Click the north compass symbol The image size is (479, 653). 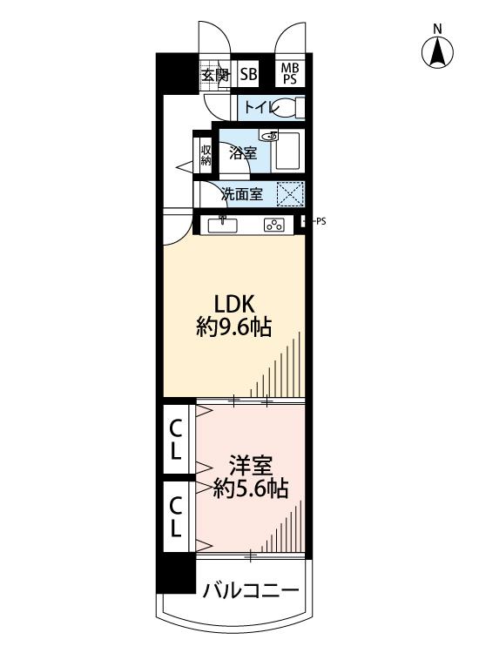click(437, 52)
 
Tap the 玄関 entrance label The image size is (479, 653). click(215, 76)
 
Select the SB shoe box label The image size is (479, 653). click(249, 75)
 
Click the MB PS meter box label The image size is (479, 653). click(290, 73)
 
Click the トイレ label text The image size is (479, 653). click(260, 108)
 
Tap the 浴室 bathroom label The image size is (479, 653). click(243, 153)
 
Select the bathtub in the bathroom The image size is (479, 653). click(287, 151)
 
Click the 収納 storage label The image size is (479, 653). click(206, 155)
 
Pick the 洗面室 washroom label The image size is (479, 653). click(242, 194)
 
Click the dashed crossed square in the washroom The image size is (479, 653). click(290, 194)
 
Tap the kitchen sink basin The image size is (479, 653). click(223, 226)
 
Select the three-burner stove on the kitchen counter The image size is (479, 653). click(275, 226)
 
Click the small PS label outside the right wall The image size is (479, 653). click(320, 221)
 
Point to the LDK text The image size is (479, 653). click(234, 304)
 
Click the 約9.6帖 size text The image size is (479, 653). click(234, 327)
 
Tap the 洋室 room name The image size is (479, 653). click(250, 466)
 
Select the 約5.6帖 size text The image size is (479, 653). click(251, 489)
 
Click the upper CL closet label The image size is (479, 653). click(176, 440)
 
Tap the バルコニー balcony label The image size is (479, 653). click(251, 590)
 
